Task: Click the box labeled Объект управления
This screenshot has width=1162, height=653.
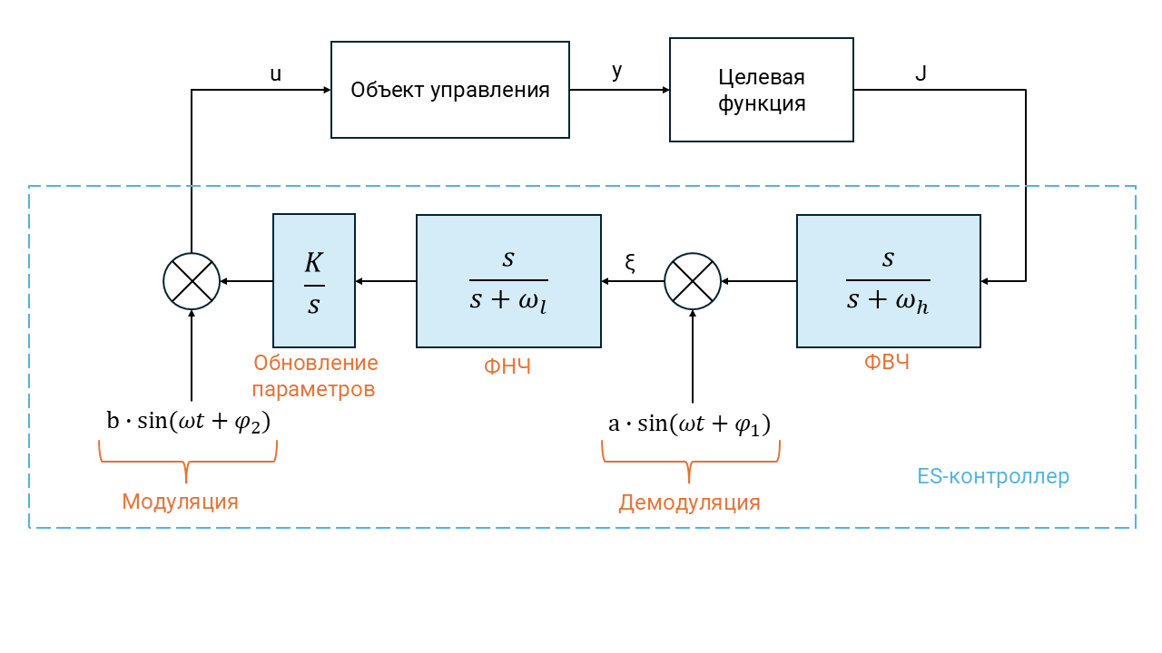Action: [450, 90]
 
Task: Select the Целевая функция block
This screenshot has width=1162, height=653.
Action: [762, 90]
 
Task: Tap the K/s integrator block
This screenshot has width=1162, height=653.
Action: [314, 280]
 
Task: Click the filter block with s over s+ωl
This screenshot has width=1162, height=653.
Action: [508, 280]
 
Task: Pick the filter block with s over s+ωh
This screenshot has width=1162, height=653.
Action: [889, 280]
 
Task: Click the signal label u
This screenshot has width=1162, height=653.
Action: [276, 74]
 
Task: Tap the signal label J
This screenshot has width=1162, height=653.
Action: [921, 73]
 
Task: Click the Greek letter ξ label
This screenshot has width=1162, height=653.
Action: [631, 264]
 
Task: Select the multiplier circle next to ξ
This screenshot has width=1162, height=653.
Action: [693, 281]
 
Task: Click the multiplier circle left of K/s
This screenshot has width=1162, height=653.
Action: [192, 281]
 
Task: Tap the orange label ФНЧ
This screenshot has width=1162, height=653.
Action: [507, 367]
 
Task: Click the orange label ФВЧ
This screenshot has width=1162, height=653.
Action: [887, 364]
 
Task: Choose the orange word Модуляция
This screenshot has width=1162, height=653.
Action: [181, 502]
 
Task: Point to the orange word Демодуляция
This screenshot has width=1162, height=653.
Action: [690, 502]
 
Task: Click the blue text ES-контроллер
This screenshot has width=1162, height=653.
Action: [993, 476]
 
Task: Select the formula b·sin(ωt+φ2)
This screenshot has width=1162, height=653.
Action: [189, 423]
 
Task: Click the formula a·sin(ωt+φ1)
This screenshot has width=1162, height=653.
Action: [690, 424]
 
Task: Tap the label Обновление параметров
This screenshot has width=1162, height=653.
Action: [315, 376]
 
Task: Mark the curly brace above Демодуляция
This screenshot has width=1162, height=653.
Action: [691, 459]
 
